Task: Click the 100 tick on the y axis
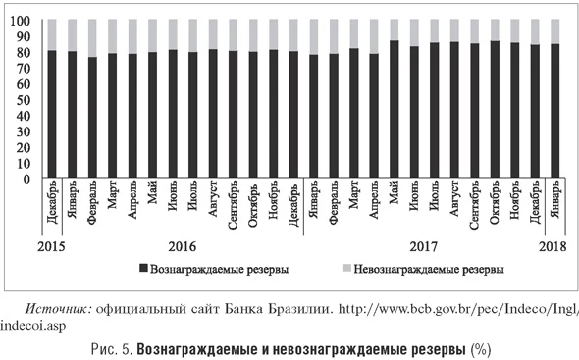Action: (x=21, y=21)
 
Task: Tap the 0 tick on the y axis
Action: (x=26, y=180)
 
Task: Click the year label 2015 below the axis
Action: (x=53, y=245)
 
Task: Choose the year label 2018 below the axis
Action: (x=556, y=245)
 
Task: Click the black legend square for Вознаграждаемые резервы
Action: (x=142, y=268)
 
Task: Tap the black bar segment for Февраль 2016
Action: (x=91, y=118)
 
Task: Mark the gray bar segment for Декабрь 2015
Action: (x=51, y=34)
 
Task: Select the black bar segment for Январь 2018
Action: (x=555, y=112)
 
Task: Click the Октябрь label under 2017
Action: (x=495, y=207)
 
